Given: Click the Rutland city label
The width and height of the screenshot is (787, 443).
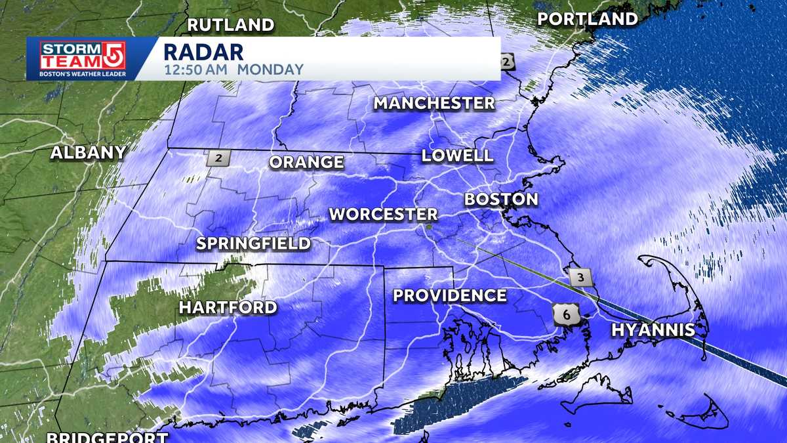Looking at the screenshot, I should coord(231,26).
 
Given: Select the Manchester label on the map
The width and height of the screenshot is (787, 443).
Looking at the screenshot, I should coord(434,103).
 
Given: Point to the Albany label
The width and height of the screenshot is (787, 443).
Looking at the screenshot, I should coord(89,153).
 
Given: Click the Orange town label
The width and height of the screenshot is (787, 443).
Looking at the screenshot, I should coord(306,162).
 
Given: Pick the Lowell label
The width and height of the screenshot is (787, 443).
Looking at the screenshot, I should coord(457,156).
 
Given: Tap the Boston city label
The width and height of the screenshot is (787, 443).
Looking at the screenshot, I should coord(501,199).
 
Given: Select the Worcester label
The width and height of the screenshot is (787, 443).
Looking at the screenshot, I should coord(383,214).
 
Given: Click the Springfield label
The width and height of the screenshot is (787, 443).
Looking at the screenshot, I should coord(254,244).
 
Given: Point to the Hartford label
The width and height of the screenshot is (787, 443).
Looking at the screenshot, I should coord(228,307).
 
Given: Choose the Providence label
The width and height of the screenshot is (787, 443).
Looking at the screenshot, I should coord(450,296).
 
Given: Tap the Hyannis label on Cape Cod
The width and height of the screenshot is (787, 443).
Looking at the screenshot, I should coord(653,330).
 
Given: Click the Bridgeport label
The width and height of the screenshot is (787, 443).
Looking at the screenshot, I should coord(108,437).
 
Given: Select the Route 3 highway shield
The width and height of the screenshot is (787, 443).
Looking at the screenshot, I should coord(580,277).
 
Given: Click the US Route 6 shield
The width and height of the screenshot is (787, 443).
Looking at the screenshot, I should coord(566,316).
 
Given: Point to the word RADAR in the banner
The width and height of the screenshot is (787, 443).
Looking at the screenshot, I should coord(203,51).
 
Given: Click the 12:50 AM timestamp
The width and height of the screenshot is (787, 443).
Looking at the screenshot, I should coord(196,70).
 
